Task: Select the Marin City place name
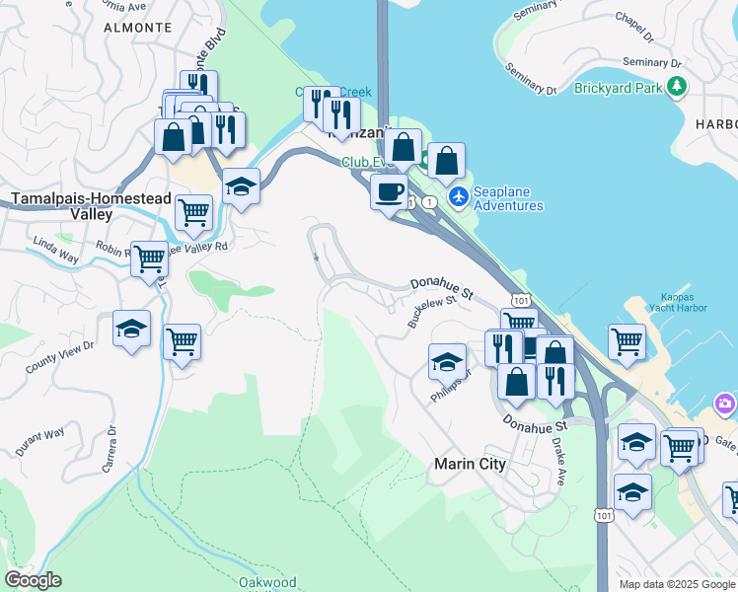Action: (x=471, y=464)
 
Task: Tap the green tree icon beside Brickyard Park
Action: (x=677, y=88)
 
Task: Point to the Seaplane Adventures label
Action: (x=508, y=198)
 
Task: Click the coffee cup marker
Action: (x=389, y=190)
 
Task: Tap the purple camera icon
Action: (x=726, y=404)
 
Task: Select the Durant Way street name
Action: (x=40, y=441)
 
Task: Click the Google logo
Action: (x=33, y=580)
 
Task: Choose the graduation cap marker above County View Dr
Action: (x=131, y=329)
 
